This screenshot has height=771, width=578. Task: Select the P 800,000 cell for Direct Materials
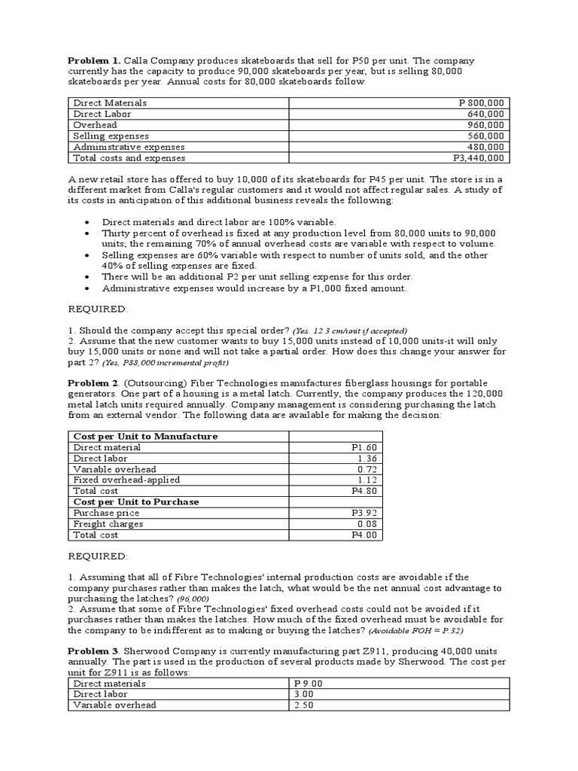(482, 102)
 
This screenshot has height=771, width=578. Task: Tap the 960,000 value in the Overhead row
(486, 125)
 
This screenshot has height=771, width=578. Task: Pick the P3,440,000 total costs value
(479, 158)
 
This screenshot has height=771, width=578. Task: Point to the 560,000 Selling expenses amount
(486, 136)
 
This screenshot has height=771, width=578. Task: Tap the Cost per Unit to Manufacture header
(145, 436)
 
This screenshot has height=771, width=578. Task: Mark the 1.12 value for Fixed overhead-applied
(367, 480)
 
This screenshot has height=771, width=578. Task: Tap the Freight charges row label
(108, 524)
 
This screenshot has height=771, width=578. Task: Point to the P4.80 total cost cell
(364, 491)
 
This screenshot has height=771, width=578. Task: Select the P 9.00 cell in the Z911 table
(309, 684)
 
